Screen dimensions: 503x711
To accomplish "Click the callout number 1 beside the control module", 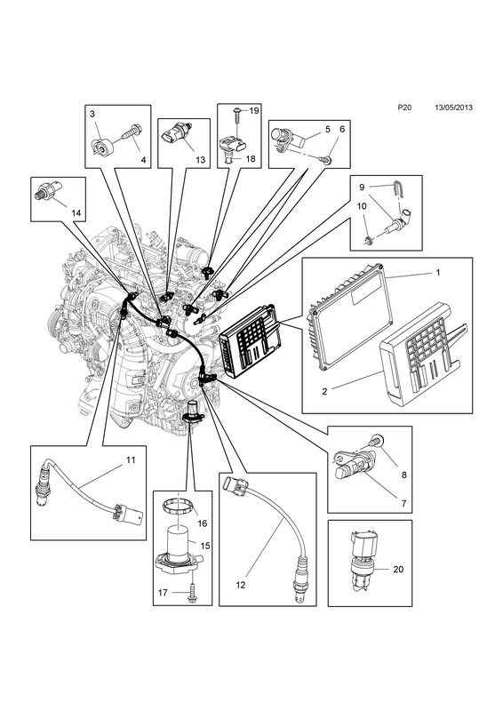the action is [x=438, y=273].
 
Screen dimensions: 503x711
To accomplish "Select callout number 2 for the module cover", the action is [x=324, y=391].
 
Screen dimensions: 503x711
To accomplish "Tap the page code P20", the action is [x=404, y=108].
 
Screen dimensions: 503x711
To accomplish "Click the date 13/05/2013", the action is [x=453, y=108].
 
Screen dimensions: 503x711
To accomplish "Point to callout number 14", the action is [x=76, y=212].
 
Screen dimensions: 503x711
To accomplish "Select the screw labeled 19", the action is [x=237, y=114].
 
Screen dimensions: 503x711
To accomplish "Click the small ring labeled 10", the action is [x=369, y=239].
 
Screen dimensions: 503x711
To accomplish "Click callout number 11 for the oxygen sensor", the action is [x=131, y=459].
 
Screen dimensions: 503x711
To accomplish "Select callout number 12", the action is [x=241, y=585].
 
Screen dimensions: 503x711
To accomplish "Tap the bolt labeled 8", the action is [x=375, y=439].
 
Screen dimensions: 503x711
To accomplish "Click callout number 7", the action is [x=403, y=503].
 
